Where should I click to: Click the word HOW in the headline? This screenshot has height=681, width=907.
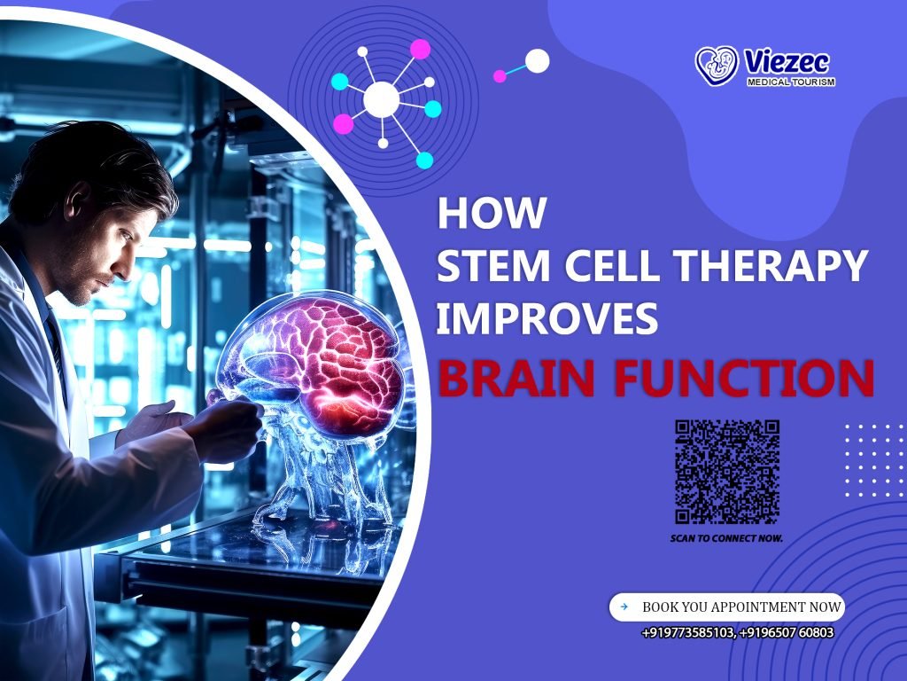[x=492, y=215]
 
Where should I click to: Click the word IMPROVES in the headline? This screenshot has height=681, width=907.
[x=547, y=319]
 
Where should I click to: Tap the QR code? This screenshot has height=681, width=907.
[x=727, y=472]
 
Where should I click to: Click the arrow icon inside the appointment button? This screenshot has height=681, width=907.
[x=624, y=607]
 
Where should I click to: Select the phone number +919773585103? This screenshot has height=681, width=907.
[x=687, y=632]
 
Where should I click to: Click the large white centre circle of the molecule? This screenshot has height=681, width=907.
[x=381, y=99]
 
